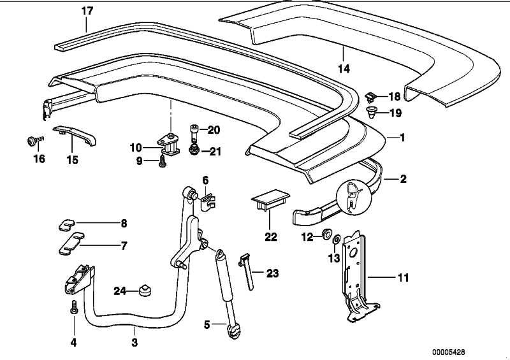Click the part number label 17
tap(87, 11)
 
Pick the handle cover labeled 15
tap(75, 134)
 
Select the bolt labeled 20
tap(194, 132)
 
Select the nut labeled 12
tap(326, 234)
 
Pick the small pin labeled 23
tap(249, 268)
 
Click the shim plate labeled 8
tap(66, 224)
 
